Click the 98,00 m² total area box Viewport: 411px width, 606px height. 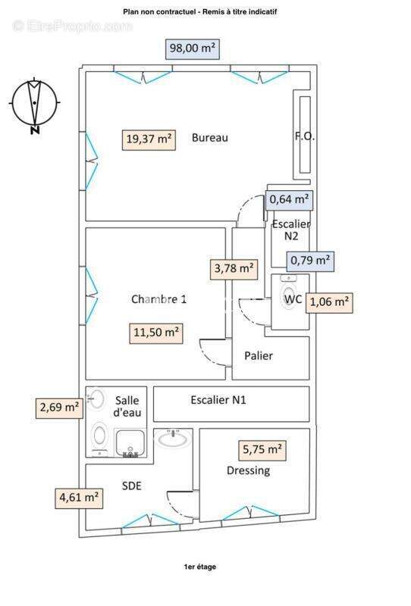(193, 48)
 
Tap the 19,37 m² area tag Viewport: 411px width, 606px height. (149, 139)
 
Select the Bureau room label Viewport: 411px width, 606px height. (210, 138)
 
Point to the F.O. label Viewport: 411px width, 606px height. (305, 136)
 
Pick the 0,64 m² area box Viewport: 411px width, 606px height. (289, 200)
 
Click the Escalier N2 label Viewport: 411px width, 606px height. (291, 230)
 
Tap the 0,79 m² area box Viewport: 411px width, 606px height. (310, 261)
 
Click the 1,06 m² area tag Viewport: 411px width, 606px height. (329, 302)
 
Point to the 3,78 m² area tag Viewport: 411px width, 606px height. (234, 269)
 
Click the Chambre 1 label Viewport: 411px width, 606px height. (158, 299)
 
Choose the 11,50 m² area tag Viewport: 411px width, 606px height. (156, 333)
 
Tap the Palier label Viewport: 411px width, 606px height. (259, 355)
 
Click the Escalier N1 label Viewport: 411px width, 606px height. (218, 400)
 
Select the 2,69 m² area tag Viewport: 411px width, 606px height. (59, 408)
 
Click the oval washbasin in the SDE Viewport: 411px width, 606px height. (173, 439)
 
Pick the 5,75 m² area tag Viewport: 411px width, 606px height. (262, 450)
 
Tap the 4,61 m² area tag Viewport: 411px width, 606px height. (79, 498)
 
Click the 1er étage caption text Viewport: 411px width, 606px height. (200, 567)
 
